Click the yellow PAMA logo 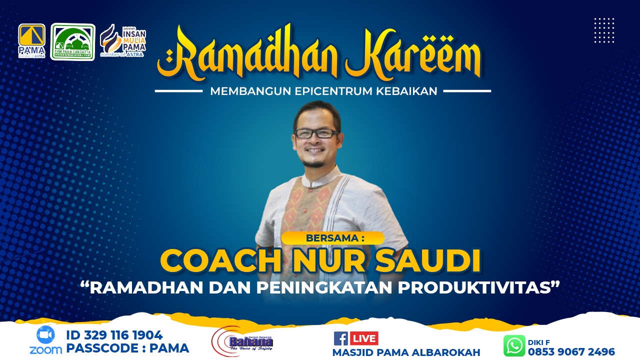click(x=31, y=40)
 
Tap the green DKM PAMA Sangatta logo click(x=72, y=42)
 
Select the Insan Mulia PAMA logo click(x=123, y=41)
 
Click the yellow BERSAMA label click(x=332, y=238)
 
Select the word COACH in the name click(x=220, y=261)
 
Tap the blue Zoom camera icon click(x=45, y=334)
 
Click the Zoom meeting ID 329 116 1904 click(x=114, y=335)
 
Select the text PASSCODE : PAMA click(x=127, y=348)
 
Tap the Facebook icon click(x=340, y=338)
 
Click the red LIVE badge click(x=364, y=338)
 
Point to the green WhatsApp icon click(x=514, y=345)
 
